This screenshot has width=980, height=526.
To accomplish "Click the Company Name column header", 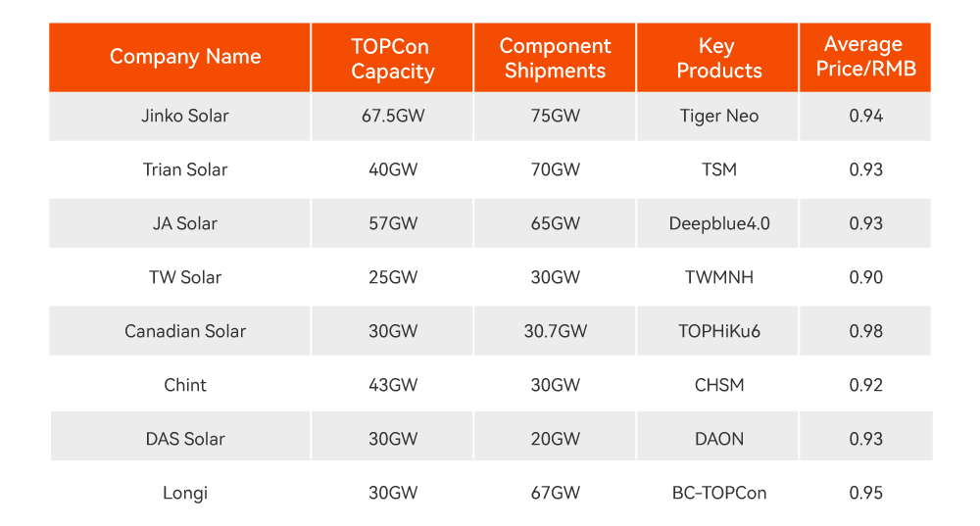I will pyautogui.click(x=185, y=57).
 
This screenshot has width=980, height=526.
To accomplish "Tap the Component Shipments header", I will pyautogui.click(x=555, y=59).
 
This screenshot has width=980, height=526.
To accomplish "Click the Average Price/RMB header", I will pyautogui.click(x=865, y=57).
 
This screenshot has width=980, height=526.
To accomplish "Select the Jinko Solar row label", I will pyautogui.click(x=185, y=116).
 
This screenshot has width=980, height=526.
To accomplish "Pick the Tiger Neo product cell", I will pyautogui.click(x=718, y=116).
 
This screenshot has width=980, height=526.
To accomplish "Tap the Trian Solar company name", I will pyautogui.click(x=185, y=169).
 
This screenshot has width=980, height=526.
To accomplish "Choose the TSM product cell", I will pyautogui.click(x=718, y=169).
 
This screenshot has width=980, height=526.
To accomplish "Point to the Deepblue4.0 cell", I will pyautogui.click(x=718, y=223).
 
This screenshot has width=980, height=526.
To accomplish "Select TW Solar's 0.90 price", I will pyautogui.click(x=865, y=277).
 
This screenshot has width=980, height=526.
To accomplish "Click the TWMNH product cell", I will pyautogui.click(x=718, y=277).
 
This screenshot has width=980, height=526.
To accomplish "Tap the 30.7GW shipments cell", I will pyautogui.click(x=555, y=331).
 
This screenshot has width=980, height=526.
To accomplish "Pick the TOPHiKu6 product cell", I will pyautogui.click(x=718, y=331).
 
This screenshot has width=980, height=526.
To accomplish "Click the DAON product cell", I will pyautogui.click(x=718, y=439).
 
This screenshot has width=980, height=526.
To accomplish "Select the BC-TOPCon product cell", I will pyautogui.click(x=718, y=493).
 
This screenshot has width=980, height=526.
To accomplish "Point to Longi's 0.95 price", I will pyautogui.click(x=865, y=493).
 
